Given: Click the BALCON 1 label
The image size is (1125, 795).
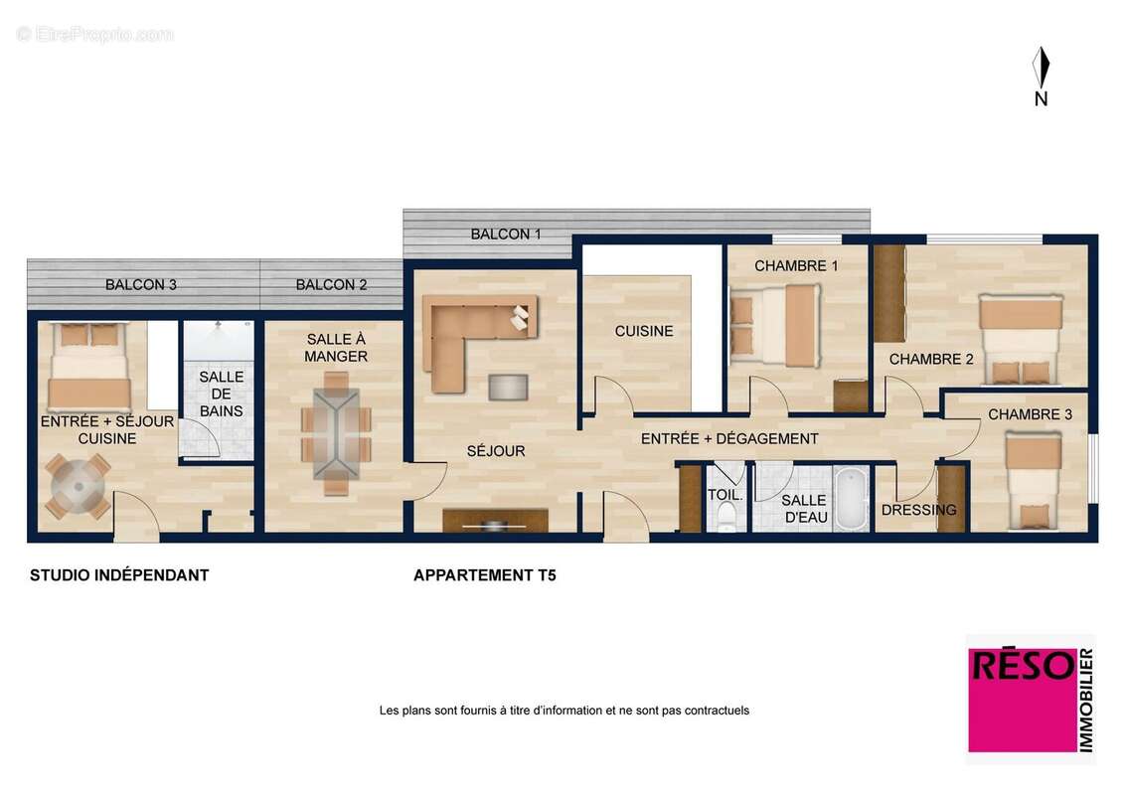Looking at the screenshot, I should point(506,235).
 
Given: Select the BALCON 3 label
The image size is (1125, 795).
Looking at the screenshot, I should point(140,284).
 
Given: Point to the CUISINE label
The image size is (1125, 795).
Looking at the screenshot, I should point(644,331).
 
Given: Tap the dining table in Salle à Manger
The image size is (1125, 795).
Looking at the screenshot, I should point(337,433).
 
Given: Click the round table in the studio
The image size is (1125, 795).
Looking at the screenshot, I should point(78,487).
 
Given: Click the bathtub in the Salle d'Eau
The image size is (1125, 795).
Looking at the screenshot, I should point(852,500).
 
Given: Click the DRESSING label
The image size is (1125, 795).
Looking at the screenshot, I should point(918,510).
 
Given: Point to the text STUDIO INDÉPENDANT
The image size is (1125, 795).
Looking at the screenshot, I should point(119,574).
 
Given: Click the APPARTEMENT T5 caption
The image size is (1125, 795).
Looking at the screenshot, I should point(484,574).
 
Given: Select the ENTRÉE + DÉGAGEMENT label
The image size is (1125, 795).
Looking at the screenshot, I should point(729,438).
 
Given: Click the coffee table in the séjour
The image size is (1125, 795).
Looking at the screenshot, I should point(508,387).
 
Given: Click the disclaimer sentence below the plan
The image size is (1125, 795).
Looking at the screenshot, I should point(563,711).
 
